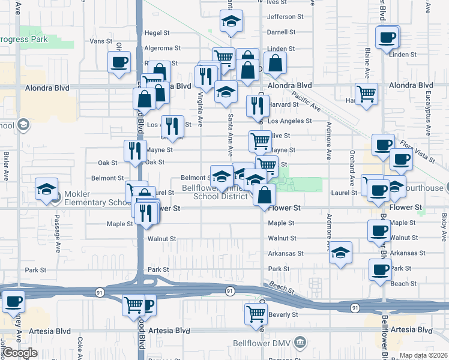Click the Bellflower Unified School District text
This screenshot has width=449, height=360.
(x=214, y=193)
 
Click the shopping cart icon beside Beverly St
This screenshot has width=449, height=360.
(x=256, y=314)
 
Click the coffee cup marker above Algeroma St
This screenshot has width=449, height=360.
(x=119, y=61)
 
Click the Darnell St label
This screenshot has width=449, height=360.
(x=282, y=32)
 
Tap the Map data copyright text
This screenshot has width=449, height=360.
(x=424, y=355)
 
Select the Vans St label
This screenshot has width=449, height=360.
(x=101, y=41)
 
